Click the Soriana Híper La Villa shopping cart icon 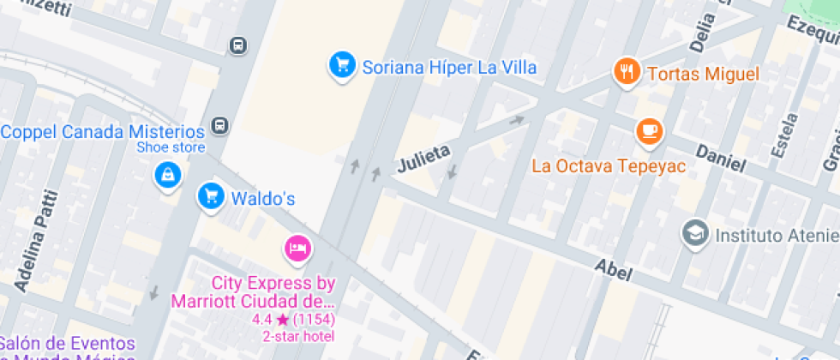click(x=343, y=65)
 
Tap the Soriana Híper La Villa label click(x=449, y=67)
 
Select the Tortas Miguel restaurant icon click(x=627, y=72)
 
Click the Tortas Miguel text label click(x=703, y=74)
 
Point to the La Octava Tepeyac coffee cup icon click(x=649, y=131)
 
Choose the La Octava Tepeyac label click(x=609, y=165)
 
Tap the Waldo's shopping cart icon click(x=210, y=196)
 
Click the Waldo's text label click(x=263, y=199)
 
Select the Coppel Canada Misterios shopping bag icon click(x=165, y=176)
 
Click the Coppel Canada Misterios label click(x=103, y=132)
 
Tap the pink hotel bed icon click(x=297, y=249)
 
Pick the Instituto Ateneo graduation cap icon click(x=695, y=232)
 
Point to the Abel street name click(x=613, y=271)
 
